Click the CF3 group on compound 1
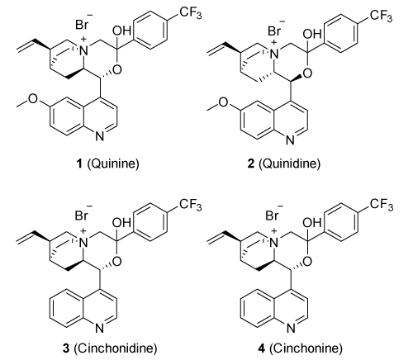(191, 13)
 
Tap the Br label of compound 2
(274, 31)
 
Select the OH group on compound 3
(121, 223)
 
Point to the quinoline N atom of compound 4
(291, 329)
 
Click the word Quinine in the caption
(113, 163)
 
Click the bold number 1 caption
(79, 164)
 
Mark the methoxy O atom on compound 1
(33, 98)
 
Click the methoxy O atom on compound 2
(224, 102)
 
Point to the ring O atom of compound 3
(116, 261)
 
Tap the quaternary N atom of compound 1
(83, 50)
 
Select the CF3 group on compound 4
(382, 205)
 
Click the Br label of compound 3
(82, 216)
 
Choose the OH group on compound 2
(312, 34)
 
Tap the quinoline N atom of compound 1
(100, 137)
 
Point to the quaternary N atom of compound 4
(274, 243)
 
